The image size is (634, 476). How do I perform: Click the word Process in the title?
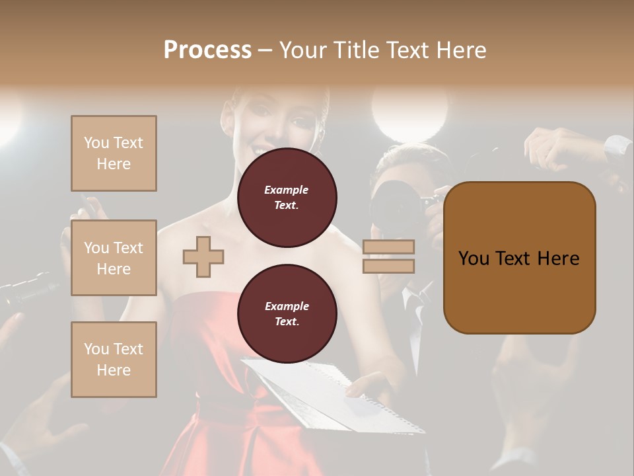click(x=207, y=50)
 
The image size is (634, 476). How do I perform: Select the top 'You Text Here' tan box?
click(x=114, y=153)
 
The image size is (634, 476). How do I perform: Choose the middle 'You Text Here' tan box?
click(x=114, y=258)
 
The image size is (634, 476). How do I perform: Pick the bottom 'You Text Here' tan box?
click(x=114, y=360)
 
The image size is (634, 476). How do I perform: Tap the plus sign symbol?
click(x=203, y=257)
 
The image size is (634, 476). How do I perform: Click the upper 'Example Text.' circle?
click(x=287, y=198)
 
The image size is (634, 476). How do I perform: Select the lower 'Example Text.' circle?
click(x=287, y=314)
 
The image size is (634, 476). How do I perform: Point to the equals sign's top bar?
click(x=388, y=247)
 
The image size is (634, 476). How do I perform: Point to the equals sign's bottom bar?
click(x=388, y=266)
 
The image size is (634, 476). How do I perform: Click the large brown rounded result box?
click(x=519, y=258)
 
